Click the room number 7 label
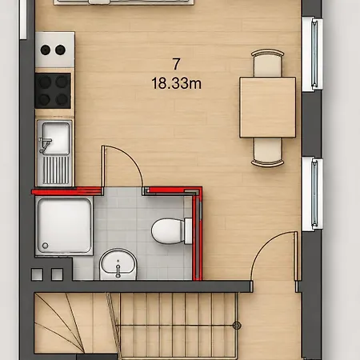coord(176,64)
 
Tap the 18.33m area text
coord(176,83)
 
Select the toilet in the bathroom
coord(171,231)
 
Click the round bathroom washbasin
coord(118,264)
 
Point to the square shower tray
coord(64,226)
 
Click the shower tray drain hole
coord(45,245)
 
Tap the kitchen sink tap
coord(45,145)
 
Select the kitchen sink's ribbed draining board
coord(56,170)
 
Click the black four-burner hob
coord(53,90)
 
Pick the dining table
coord(267,107)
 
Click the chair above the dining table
coord(267,62)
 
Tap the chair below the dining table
coord(267,152)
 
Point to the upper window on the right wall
coord(312,54)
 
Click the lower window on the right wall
coord(312,194)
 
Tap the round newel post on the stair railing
coord(237,326)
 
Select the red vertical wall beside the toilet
coord(198,234)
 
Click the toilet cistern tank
coord(188,231)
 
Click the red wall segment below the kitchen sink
coord(67,191)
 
